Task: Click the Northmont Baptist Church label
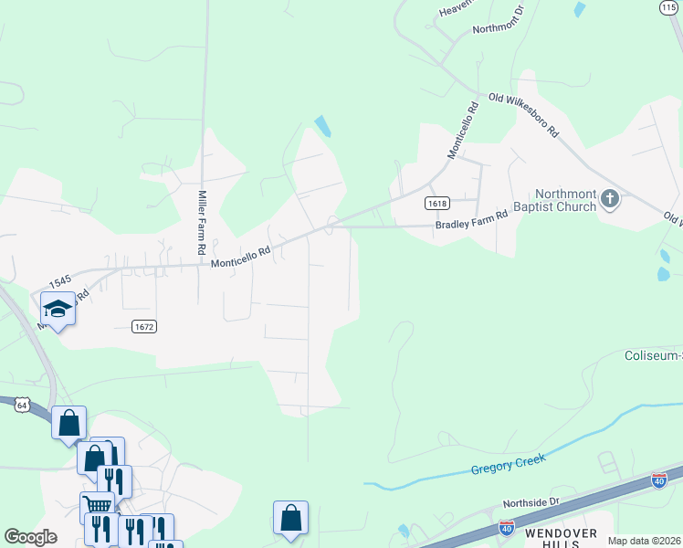tap(565, 200)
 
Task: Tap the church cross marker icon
tap(610, 198)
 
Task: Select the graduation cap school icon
tap(58, 309)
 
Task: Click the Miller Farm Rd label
tap(202, 222)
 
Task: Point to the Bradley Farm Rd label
tap(471, 219)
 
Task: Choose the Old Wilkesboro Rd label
tap(523, 114)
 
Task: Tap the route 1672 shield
tap(142, 326)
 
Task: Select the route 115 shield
tap(668, 6)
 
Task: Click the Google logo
tap(30, 536)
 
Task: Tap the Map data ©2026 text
tap(644, 541)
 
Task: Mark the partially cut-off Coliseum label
tap(652, 355)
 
